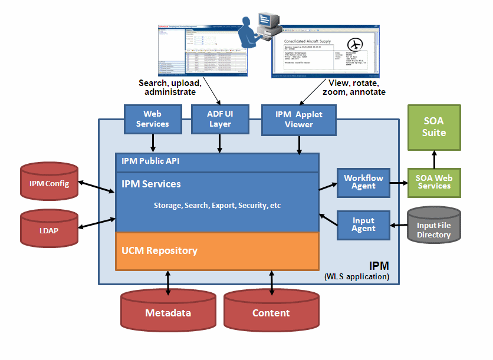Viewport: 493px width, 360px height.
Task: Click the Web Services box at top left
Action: pos(152,119)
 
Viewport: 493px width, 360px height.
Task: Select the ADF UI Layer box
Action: pos(220,119)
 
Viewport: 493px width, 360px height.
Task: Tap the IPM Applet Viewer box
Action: pos(299,119)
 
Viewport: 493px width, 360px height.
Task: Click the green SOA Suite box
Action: pos(434,127)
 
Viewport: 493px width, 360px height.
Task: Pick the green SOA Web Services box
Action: pos(434,182)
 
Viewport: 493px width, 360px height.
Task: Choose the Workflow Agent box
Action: pos(363,182)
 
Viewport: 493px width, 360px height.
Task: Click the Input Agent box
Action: pos(363,225)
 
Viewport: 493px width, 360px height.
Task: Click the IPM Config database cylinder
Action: pos(49,183)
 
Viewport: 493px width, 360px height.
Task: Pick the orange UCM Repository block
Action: pos(217,251)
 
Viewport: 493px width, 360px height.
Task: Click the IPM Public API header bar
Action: pos(217,162)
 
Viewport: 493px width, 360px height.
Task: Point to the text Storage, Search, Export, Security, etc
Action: pos(217,206)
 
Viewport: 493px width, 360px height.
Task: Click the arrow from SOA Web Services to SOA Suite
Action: pos(434,158)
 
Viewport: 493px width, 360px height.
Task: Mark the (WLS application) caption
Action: pos(356,276)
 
